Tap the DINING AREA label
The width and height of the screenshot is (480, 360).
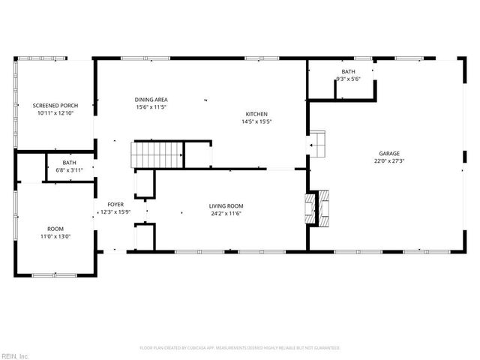point(151,100)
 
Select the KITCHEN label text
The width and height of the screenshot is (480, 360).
point(256,114)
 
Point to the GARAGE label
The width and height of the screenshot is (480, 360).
point(388,153)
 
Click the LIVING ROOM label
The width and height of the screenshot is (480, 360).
point(226,206)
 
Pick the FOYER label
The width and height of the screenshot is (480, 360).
point(115,204)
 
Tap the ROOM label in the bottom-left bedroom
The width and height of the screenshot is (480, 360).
point(55,229)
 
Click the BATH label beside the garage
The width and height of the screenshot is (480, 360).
point(348,71)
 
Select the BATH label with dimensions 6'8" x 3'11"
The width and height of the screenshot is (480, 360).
point(69,163)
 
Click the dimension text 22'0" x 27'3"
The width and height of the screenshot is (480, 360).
point(388,160)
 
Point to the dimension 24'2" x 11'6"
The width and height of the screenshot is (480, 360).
point(226,214)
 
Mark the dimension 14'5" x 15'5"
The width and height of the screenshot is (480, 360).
point(256,121)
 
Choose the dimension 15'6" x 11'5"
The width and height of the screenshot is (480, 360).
point(151,107)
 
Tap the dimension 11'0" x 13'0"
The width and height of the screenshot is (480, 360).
point(55,236)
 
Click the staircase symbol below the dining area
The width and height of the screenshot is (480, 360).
point(158,154)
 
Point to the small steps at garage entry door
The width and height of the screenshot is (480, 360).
point(317,142)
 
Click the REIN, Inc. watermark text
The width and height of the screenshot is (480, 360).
point(15,355)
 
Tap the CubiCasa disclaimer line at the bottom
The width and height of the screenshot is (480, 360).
point(240,348)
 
